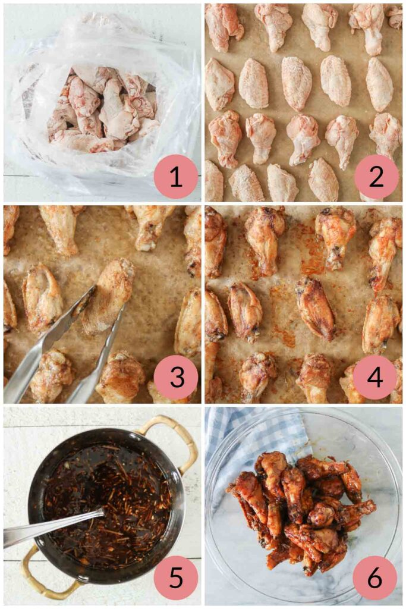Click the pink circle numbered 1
[x=176, y=177]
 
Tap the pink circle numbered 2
[x=376, y=177]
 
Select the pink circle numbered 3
[x=176, y=377]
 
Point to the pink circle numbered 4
[x=376, y=377]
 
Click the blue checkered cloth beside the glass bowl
[x=238, y=434]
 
